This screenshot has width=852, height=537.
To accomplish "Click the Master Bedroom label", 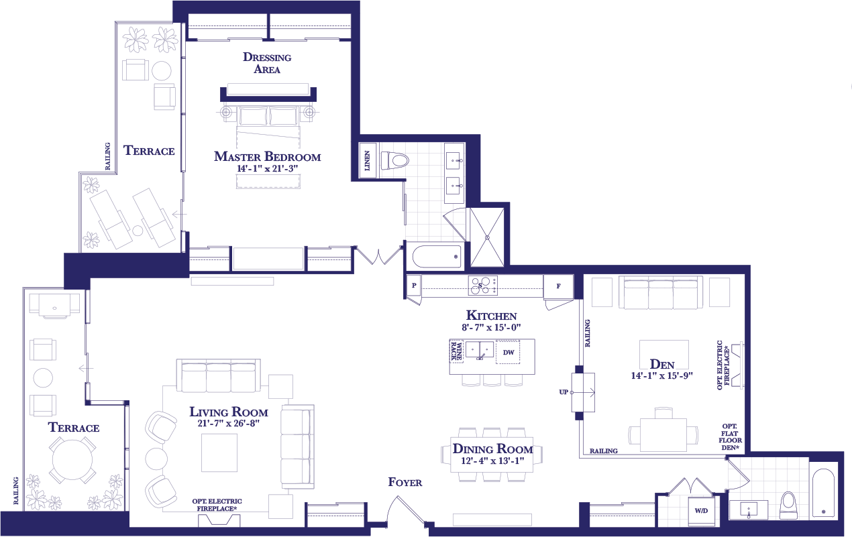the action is [268, 156].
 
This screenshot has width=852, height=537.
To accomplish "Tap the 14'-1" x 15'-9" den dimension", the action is [662, 375].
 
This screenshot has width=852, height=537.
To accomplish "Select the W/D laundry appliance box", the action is [701, 511].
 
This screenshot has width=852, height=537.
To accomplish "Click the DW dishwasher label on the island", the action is [509, 352].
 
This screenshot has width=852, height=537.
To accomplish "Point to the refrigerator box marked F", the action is [558, 286].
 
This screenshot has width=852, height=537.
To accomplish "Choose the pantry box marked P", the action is [414, 286].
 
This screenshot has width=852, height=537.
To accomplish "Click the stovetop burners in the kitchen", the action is [482, 286].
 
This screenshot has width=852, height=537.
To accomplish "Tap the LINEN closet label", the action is [367, 160].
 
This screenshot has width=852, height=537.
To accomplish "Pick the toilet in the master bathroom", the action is [394, 160].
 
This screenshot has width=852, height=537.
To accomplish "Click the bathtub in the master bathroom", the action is [437, 257].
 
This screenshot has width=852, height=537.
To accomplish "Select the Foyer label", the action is [405, 482].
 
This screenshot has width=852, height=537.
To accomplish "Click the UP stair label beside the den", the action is [564, 392].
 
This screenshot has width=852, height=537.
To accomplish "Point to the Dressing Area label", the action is [267, 63].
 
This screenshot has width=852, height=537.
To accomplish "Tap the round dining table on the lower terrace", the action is [72, 460].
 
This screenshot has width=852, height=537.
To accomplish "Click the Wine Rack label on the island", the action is [456, 351].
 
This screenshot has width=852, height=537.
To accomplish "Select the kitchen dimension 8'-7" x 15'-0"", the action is [491, 327].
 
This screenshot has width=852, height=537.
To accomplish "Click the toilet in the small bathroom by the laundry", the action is [788, 505].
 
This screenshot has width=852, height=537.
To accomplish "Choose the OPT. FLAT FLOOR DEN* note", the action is [730, 437].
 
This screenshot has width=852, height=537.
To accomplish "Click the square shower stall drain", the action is [487, 237].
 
